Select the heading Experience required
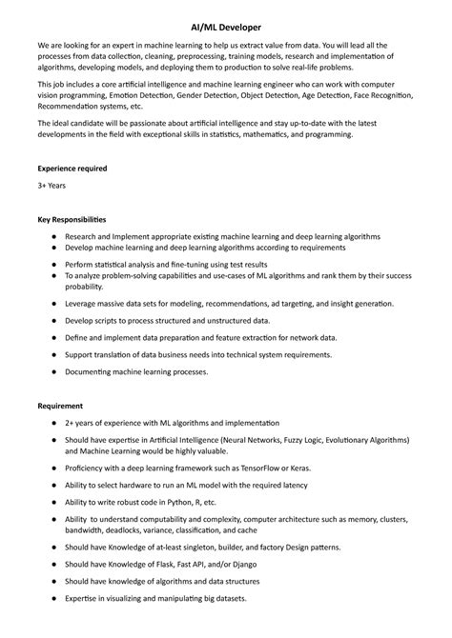(72, 169)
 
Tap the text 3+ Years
(51, 186)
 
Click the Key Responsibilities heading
(72, 219)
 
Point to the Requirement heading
(60, 406)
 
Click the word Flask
(160, 564)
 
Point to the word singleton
(197, 548)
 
